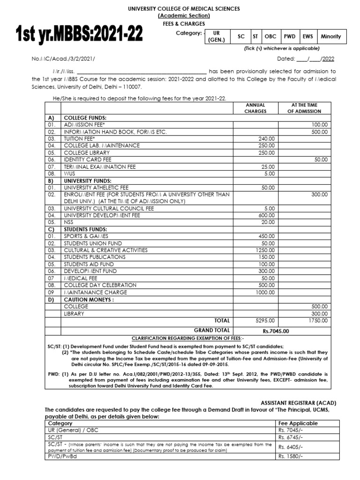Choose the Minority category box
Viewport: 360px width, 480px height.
point(331,37)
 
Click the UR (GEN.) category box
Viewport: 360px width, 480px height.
point(217,37)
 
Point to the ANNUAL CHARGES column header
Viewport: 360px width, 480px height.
point(255,108)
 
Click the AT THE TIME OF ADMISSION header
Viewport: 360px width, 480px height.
point(306,108)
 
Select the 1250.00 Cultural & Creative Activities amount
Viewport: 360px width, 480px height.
point(264,250)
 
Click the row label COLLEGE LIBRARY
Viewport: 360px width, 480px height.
point(87,153)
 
